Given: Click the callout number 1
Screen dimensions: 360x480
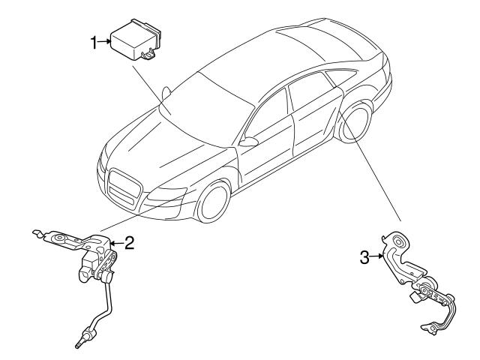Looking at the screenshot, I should (x=94, y=43).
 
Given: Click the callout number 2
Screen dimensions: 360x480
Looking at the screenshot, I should (x=128, y=242).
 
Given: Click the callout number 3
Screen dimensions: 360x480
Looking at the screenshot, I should (x=364, y=258).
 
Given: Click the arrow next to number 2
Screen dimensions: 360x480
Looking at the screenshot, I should (x=115, y=242).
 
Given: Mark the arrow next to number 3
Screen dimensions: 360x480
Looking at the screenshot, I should (x=376, y=258).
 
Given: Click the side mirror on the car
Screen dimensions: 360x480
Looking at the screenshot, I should (x=250, y=141).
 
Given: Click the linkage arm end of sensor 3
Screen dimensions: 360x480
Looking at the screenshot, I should (x=430, y=327).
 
